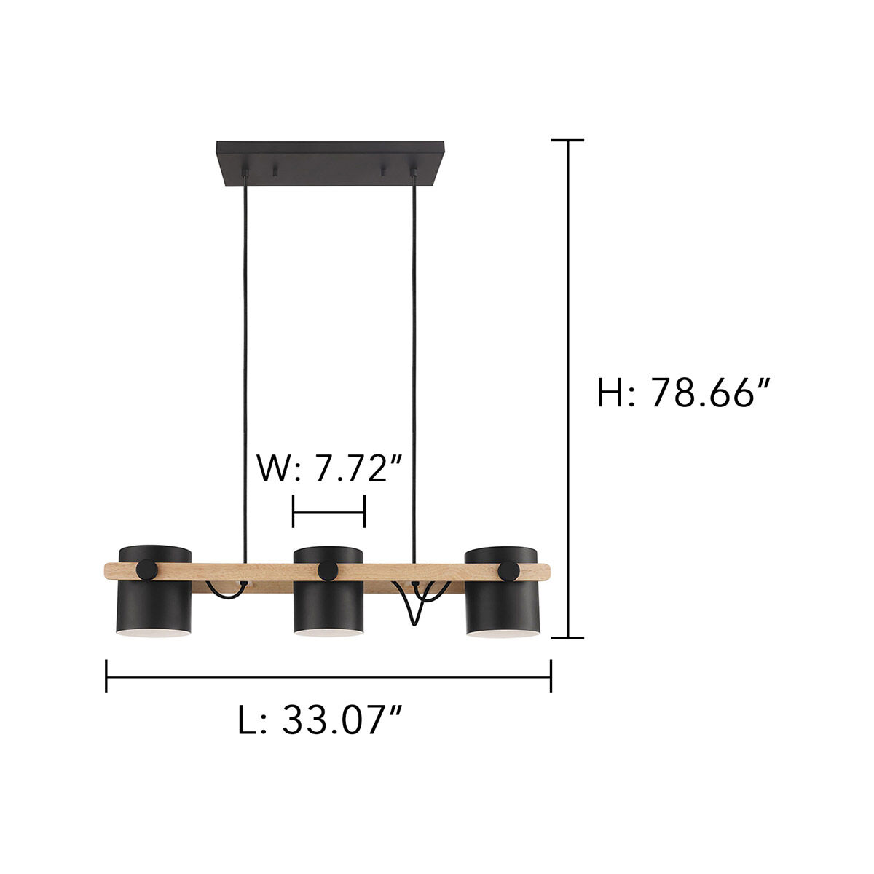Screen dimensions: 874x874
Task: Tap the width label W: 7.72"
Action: tap(330, 468)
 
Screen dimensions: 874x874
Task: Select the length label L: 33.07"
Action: tap(320, 720)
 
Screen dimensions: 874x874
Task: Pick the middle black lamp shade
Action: tap(328, 608)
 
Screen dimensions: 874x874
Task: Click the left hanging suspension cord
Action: tap(244, 364)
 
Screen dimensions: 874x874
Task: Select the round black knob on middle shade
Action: tap(327, 570)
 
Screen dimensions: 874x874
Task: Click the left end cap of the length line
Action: tap(107, 676)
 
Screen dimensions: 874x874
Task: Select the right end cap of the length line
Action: tap(551, 676)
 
